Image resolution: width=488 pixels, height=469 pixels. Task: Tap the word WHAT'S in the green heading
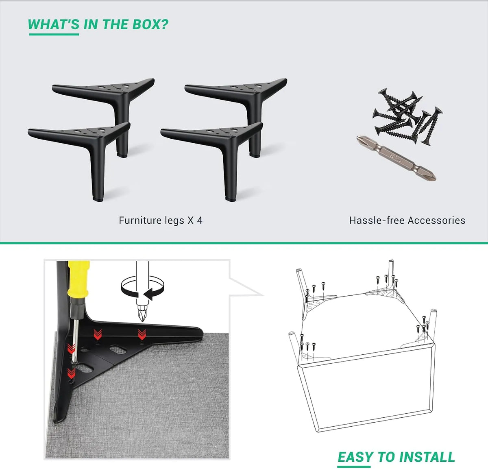(53, 24)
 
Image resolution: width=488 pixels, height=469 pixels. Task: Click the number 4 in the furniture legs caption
(200, 220)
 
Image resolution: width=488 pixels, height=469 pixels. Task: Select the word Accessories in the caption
(436, 220)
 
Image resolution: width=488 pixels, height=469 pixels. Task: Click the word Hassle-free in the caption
(377, 220)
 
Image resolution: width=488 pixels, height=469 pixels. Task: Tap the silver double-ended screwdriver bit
(396, 158)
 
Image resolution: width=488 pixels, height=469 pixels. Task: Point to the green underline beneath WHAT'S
(54, 34)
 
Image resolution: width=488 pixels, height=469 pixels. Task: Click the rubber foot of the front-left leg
(98, 199)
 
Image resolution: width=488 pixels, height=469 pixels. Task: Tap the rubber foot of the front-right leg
(231, 199)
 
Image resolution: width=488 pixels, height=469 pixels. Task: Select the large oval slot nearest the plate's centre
(118, 350)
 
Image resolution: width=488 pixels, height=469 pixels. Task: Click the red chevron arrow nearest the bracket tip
(142, 334)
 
